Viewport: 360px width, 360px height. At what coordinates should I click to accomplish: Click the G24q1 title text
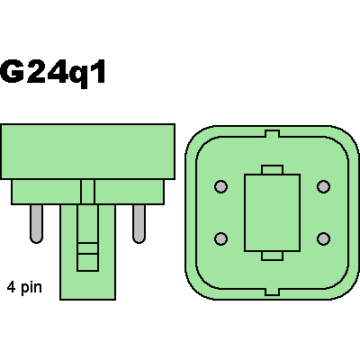point(53,73)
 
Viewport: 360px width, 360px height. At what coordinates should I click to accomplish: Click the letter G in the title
point(12,71)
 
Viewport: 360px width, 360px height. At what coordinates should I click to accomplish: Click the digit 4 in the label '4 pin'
point(12,287)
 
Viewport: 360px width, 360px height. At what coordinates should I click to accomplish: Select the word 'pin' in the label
point(31,288)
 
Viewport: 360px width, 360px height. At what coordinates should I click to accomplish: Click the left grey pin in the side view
point(36,224)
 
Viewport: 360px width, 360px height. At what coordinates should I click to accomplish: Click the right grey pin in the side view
point(139,224)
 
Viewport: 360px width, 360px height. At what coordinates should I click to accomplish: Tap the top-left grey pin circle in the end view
point(221,186)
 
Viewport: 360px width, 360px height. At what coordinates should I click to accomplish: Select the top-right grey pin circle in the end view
point(323,186)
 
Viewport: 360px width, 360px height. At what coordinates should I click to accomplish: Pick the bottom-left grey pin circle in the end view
point(221,238)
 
